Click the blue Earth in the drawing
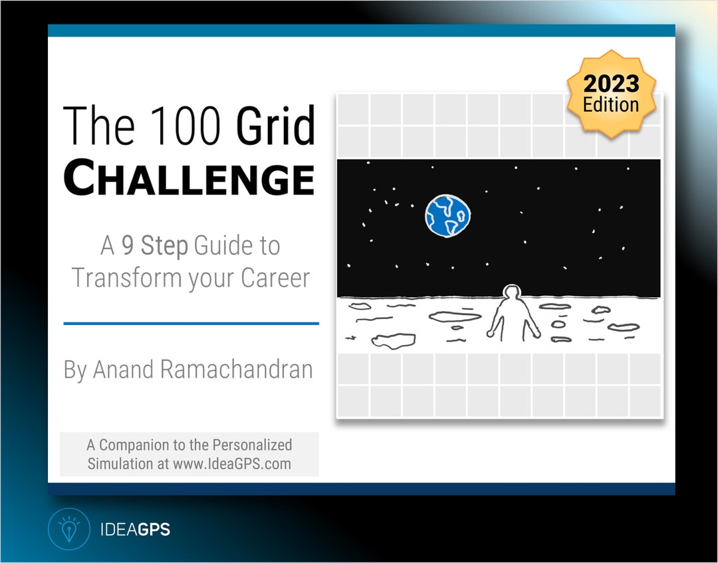[x=448, y=215]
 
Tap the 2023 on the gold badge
[x=611, y=84]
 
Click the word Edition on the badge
[x=611, y=104]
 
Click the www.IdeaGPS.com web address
[x=232, y=464]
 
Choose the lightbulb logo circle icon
[x=68, y=529]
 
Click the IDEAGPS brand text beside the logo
[x=134, y=530]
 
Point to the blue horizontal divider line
[x=191, y=324]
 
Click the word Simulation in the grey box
[x=120, y=464]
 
